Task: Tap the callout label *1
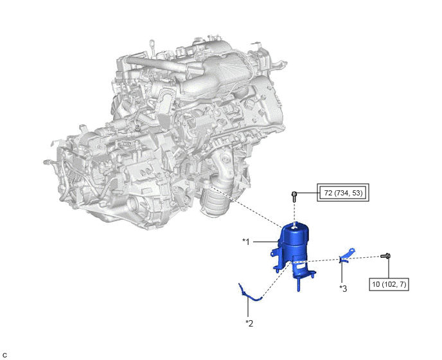[246, 242]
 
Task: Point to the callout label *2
[249, 323]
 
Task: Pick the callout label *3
[343, 289]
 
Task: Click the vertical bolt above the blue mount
[294, 196]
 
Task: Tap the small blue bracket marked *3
[348, 256]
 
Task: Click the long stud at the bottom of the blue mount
[299, 284]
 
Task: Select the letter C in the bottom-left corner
[4, 355]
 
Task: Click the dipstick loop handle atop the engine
[152, 44]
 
